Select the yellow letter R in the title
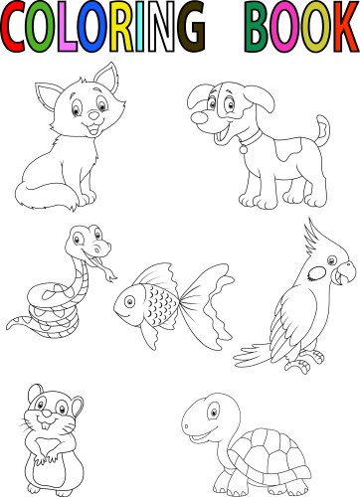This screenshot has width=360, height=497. pyautogui.click(x=121, y=27)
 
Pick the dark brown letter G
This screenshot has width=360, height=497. pyautogui.click(x=191, y=27)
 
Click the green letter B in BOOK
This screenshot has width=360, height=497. pyautogui.click(x=258, y=27)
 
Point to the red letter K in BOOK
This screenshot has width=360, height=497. pyautogui.click(x=346, y=27)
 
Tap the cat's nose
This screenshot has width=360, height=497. pyautogui.click(x=94, y=115)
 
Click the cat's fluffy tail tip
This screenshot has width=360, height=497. pyautogui.click(x=72, y=207)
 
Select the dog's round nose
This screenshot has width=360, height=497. pyautogui.click(x=200, y=118)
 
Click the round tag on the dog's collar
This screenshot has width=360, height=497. pyautogui.click(x=244, y=149)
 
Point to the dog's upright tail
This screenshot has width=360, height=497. pyautogui.click(x=322, y=130)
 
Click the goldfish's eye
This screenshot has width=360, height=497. pyautogui.click(x=129, y=301)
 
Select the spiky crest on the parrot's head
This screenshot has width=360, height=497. pyautogui.click(x=313, y=238)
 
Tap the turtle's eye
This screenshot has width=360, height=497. pyautogui.click(x=214, y=411)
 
